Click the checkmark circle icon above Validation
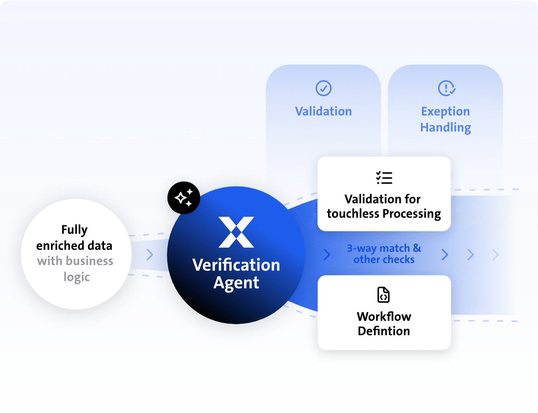click(323, 88)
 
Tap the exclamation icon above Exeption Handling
click(446, 88)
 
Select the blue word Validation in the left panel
click(323, 111)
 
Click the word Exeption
click(445, 112)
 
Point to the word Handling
click(445, 128)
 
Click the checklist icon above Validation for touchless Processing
click(384, 178)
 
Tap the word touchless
click(353, 214)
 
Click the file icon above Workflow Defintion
click(383, 295)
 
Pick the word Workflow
click(384, 317)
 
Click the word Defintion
click(384, 331)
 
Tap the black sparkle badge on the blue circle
click(184, 198)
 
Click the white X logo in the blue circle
click(236, 232)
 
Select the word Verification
click(236, 265)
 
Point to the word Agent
click(236, 283)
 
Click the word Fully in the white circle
click(74, 230)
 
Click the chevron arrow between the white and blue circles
click(150, 255)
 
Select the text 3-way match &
click(384, 248)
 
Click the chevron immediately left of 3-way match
click(327, 255)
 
